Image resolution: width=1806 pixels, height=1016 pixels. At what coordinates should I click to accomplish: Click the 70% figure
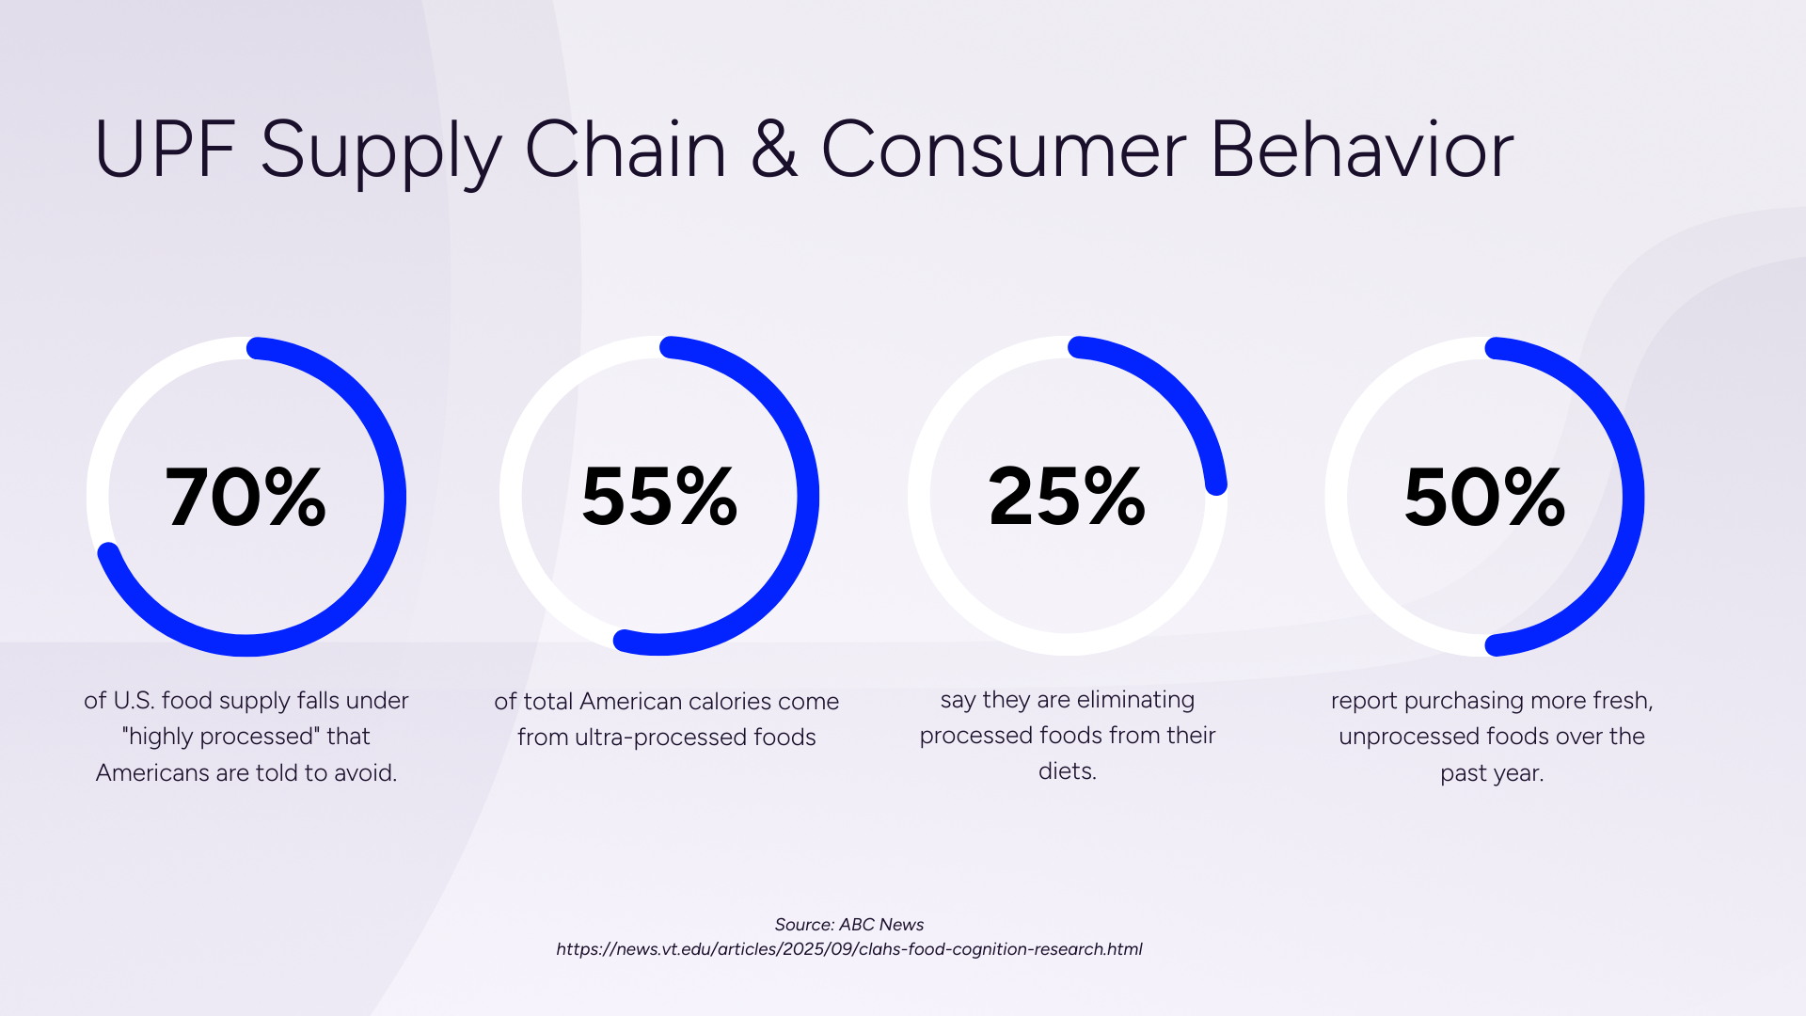(x=246, y=497)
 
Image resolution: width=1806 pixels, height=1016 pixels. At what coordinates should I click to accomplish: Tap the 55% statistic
(x=659, y=496)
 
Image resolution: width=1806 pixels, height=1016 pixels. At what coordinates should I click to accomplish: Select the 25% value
(x=1067, y=496)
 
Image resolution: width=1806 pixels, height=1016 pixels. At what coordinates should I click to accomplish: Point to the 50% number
(x=1484, y=497)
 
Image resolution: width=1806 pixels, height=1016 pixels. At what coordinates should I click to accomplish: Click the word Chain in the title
(x=626, y=151)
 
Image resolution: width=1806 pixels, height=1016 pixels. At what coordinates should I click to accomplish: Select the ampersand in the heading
(x=774, y=151)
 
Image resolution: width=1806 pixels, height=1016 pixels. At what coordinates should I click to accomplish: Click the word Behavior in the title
(x=1361, y=151)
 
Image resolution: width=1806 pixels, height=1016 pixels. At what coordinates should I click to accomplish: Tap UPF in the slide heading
(x=165, y=151)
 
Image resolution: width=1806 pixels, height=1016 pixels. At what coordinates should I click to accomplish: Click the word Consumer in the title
(x=1004, y=151)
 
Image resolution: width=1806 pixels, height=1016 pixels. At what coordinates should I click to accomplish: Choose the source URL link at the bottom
(x=848, y=949)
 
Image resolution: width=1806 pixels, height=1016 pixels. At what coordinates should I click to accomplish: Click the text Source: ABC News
(x=848, y=925)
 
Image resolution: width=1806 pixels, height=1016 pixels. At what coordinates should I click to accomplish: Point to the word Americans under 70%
(x=152, y=773)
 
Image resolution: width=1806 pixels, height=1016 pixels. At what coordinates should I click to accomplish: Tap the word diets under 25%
(x=1067, y=771)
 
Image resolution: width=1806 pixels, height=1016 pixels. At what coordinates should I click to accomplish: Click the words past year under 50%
(x=1492, y=773)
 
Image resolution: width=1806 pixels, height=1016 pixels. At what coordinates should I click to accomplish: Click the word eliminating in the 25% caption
(x=1135, y=700)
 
